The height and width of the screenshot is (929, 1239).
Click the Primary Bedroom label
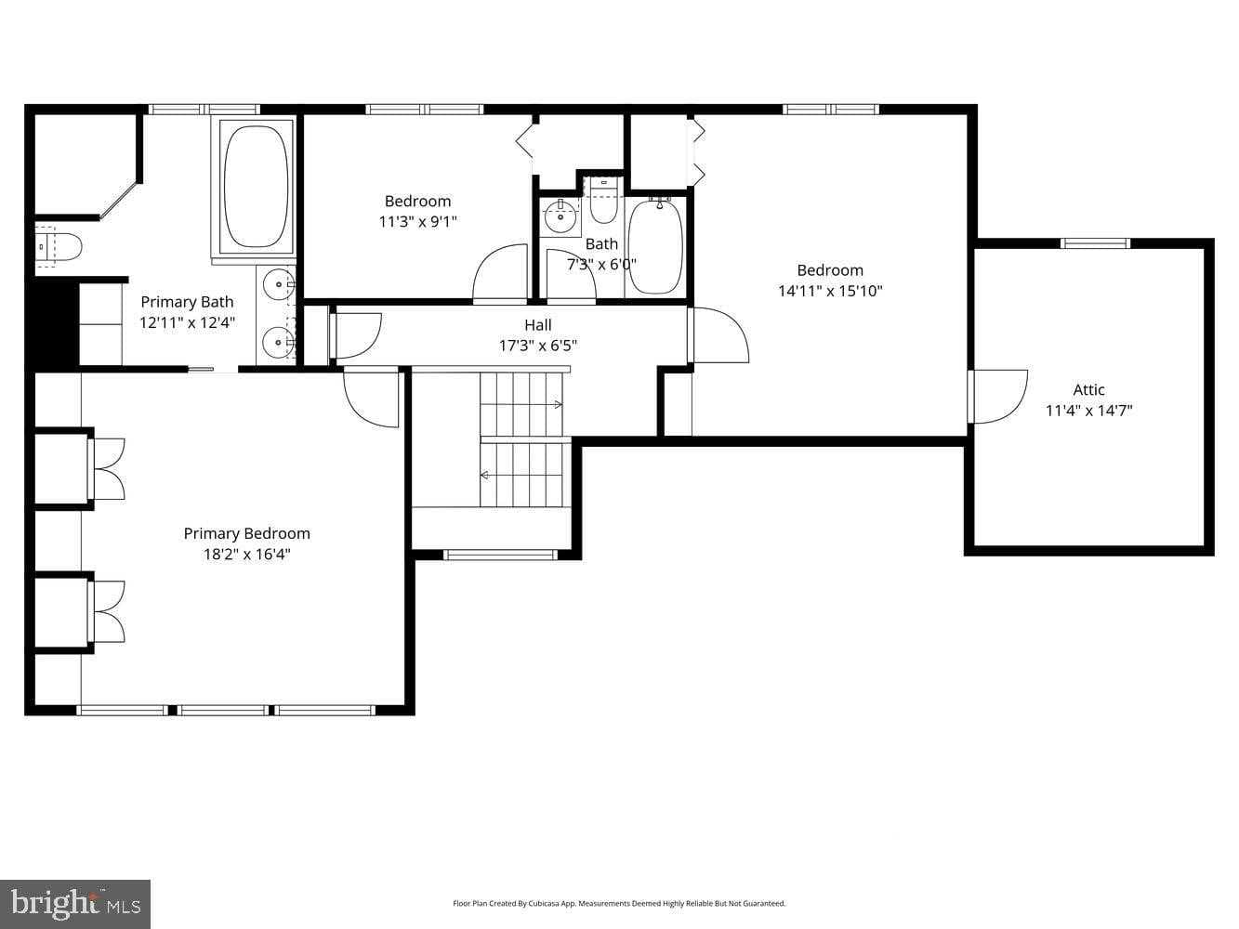[x=246, y=533]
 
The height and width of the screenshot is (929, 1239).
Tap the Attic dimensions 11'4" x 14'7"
[x=1088, y=411]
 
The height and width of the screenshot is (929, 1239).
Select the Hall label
[x=537, y=325]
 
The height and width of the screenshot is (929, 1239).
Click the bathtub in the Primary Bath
[x=257, y=186]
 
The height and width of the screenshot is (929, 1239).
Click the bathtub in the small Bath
[x=655, y=246]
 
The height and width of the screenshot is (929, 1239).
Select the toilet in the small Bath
[x=604, y=206]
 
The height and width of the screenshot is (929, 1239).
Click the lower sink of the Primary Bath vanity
[x=277, y=343]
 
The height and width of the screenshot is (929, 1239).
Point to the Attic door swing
[x=997, y=396]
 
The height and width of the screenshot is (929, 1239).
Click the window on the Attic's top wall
[x=1096, y=243]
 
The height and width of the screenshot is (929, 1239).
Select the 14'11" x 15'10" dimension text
[x=830, y=291]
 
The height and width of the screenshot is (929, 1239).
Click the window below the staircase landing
[x=500, y=555]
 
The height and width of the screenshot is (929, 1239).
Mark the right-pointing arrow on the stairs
[x=557, y=404]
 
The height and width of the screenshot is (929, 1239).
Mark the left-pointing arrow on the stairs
[x=484, y=475]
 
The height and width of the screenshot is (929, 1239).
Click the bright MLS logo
[x=75, y=903]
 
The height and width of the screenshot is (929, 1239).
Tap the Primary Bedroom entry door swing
[x=372, y=398]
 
